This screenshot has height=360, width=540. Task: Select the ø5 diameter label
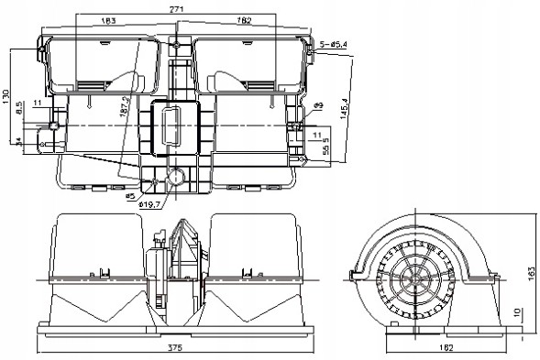[130, 195]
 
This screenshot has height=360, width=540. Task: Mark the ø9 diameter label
[318, 107]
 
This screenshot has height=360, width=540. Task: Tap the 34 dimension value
[20, 142]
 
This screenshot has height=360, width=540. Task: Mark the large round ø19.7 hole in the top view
[175, 178]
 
